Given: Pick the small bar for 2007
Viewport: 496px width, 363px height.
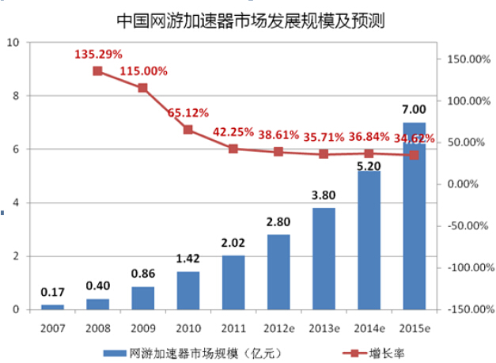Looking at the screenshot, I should click(x=52, y=306).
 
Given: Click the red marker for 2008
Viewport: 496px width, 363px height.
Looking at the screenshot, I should click(x=97, y=71).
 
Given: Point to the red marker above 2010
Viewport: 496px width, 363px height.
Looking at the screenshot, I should click(x=188, y=130).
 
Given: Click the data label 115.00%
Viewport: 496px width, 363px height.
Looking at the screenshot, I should click(x=144, y=71).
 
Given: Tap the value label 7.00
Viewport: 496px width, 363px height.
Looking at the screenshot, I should click(x=414, y=109).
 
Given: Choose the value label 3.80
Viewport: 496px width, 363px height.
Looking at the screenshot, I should click(x=324, y=195).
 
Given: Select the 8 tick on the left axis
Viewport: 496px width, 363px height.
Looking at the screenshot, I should click(x=15, y=96).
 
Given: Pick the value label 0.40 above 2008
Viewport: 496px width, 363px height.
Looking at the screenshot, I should click(x=97, y=285).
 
